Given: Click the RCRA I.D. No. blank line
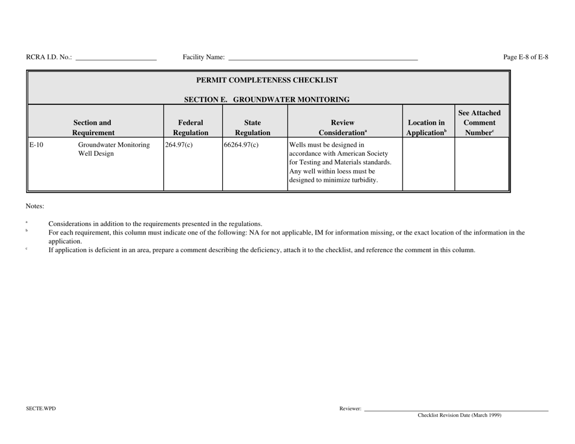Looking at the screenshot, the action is pyautogui.click(x=116, y=59).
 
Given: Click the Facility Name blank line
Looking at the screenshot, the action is pyautogui.click(x=323, y=59).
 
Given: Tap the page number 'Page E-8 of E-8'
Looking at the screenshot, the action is pyautogui.click(x=525, y=58).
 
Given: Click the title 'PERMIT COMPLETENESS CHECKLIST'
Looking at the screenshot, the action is pyautogui.click(x=267, y=80).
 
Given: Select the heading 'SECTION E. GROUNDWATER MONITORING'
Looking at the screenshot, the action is pyautogui.click(x=267, y=99).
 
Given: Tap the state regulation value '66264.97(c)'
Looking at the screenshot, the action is pyautogui.click(x=241, y=145).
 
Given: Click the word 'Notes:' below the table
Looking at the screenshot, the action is pyautogui.click(x=34, y=206).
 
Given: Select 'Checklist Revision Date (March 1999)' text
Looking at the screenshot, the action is pyautogui.click(x=459, y=415).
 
